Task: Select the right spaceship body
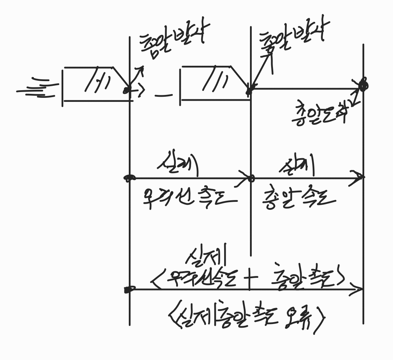(x=215, y=84)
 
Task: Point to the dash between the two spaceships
(x=163, y=96)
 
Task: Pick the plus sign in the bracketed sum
(x=250, y=280)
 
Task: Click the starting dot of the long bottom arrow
(x=127, y=290)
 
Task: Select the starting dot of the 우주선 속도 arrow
(x=128, y=178)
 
